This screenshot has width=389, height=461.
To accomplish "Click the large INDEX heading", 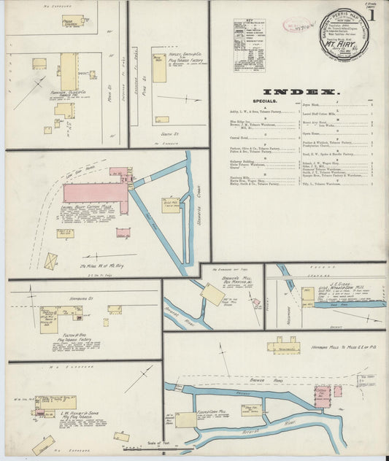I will tap(300, 92).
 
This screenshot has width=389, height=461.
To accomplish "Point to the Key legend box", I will tap(249, 45).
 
